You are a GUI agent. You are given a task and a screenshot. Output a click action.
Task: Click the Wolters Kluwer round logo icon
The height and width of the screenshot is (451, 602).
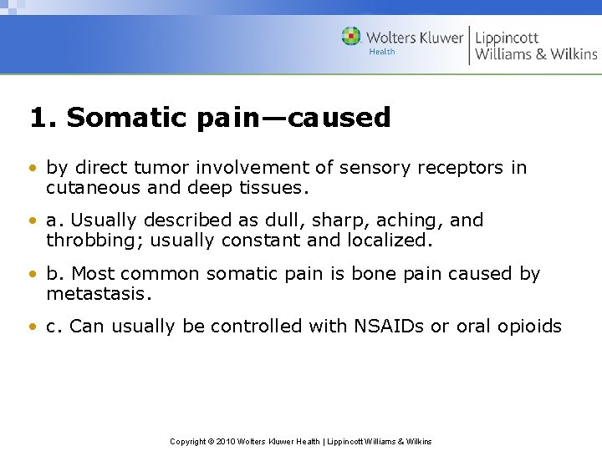[x=351, y=36]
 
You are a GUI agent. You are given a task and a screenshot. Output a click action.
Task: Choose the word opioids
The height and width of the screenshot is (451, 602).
[x=529, y=327]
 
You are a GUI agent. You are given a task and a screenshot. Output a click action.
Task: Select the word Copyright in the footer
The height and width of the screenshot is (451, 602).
[x=188, y=441]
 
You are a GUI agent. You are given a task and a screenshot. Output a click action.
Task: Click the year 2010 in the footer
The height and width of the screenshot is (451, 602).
[x=227, y=441]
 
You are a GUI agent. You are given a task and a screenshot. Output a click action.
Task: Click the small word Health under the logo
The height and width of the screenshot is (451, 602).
[x=381, y=52]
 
